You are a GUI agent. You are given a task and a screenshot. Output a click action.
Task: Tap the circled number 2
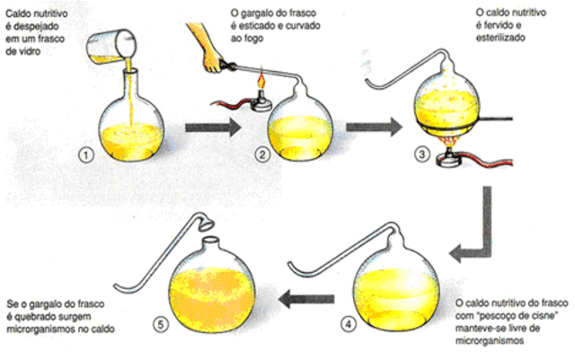tap(261, 154)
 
